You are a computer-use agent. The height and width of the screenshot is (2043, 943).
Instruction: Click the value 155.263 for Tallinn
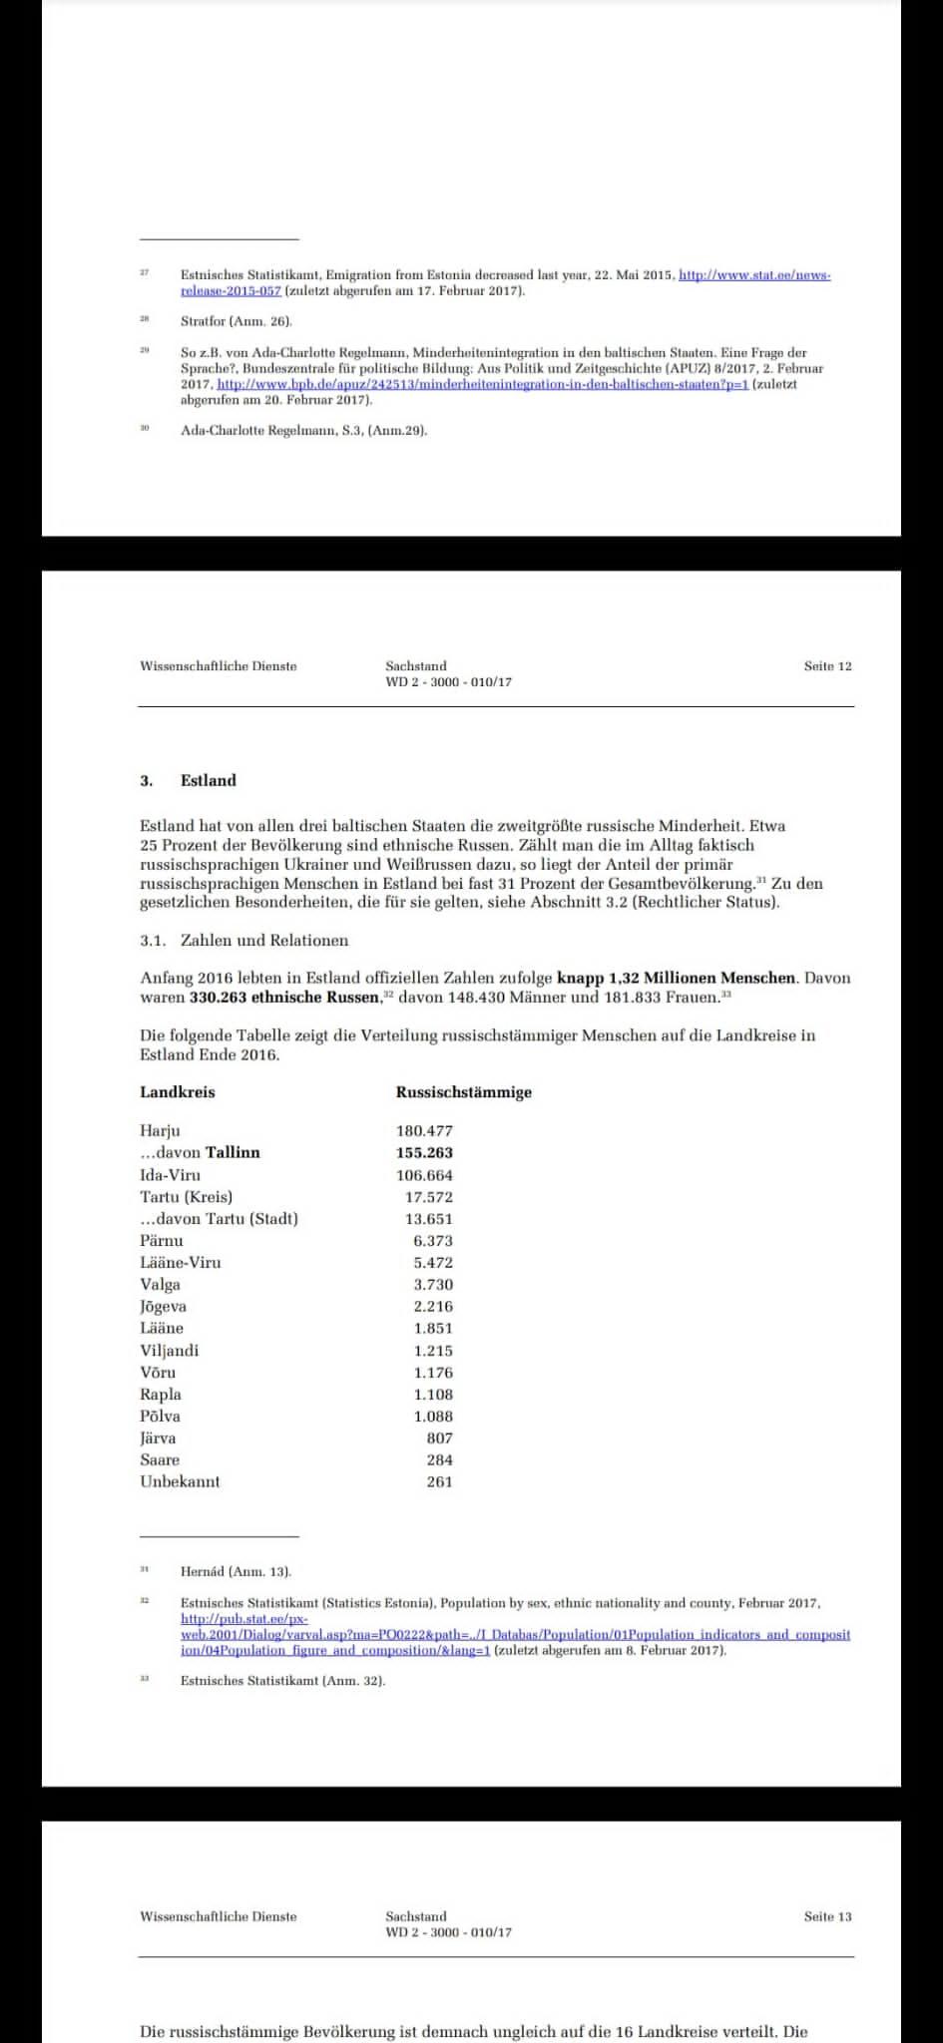pyautogui.click(x=424, y=1152)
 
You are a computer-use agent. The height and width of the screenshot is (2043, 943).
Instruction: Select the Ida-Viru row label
pyautogui.click(x=170, y=1175)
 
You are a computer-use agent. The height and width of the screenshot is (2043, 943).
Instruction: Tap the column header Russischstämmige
pyautogui.click(x=463, y=1092)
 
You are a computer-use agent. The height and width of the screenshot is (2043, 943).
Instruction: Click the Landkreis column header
pyautogui.click(x=178, y=1092)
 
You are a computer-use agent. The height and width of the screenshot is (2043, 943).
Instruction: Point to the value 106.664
pyautogui.click(x=424, y=1175)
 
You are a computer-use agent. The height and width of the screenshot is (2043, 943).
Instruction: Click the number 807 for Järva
pyautogui.click(x=439, y=1438)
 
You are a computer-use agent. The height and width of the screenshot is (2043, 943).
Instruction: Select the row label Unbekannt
pyautogui.click(x=180, y=1482)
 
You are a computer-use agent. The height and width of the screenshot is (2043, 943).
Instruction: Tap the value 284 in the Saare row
pyautogui.click(x=439, y=1460)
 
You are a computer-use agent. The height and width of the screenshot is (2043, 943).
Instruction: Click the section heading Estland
pyautogui.click(x=208, y=781)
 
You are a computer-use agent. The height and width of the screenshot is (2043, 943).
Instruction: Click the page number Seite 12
pyautogui.click(x=827, y=666)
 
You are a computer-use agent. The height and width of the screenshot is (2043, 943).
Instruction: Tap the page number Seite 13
pyautogui.click(x=827, y=1916)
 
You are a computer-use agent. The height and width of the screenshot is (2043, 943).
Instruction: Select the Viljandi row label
pyautogui.click(x=170, y=1351)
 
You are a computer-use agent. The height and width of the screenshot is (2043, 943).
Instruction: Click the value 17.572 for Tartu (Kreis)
pyautogui.click(x=428, y=1197)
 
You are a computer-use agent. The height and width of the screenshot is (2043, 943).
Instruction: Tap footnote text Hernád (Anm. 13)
pyautogui.click(x=236, y=1572)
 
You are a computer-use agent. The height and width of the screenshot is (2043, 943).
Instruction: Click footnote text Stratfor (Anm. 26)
pyautogui.click(x=236, y=322)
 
